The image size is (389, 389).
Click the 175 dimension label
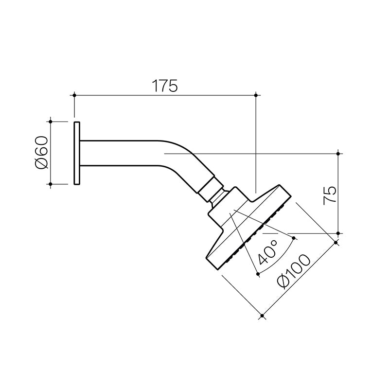pyautogui.click(x=165, y=86)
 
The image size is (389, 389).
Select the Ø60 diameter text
pyautogui.click(x=41, y=152)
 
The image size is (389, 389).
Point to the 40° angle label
pyautogui.click(x=268, y=251)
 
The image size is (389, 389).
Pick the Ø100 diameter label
pyautogui.click(x=291, y=273)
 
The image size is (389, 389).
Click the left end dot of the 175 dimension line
pyautogui.click(x=74, y=95)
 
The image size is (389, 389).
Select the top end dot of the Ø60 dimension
pyautogui.click(x=51, y=121)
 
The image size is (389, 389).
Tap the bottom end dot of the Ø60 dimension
pyautogui.click(x=51, y=184)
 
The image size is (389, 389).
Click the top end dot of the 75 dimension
pyautogui.click(x=339, y=153)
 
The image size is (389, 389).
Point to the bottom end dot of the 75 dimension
pyautogui.click(x=339, y=233)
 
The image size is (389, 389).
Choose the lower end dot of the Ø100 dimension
pyautogui.click(x=262, y=317)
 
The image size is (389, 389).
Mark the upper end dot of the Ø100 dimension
pyautogui.click(x=336, y=242)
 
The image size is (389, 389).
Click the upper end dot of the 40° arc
pyautogui.click(x=294, y=238)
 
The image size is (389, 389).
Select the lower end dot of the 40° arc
pyautogui.click(x=258, y=275)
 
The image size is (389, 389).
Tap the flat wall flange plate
pyautogui.click(x=77, y=153)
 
